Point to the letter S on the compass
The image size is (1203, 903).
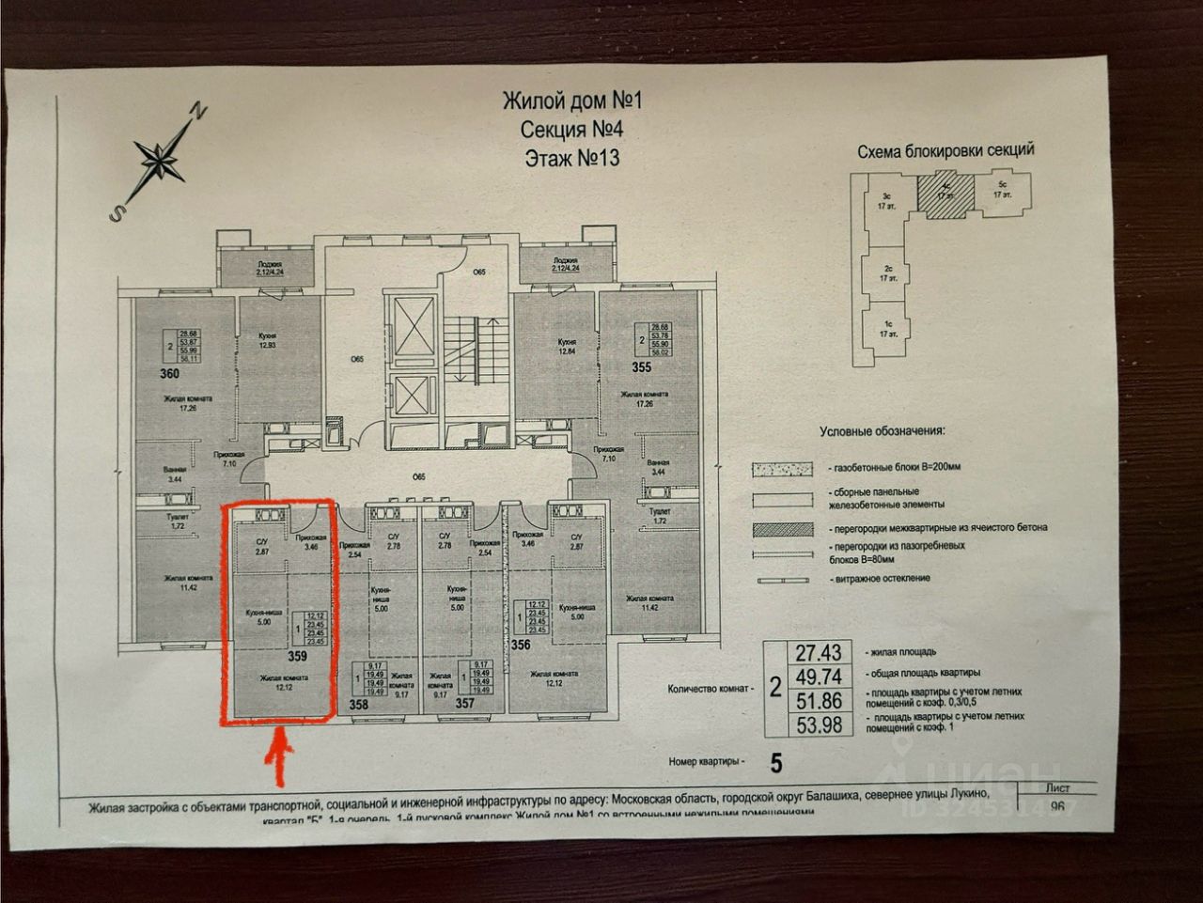tap(116, 213)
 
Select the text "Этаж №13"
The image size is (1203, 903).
tap(572, 157)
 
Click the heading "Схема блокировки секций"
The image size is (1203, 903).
tap(945, 150)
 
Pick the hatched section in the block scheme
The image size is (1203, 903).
tap(943, 195)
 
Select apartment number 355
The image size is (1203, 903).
tap(641, 367)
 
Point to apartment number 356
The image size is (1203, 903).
tap(523, 646)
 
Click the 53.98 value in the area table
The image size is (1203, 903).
tap(818, 724)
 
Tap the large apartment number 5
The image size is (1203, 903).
tap(776, 763)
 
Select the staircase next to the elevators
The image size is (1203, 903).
tap(461, 342)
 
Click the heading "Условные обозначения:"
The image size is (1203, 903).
tap(883, 431)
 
